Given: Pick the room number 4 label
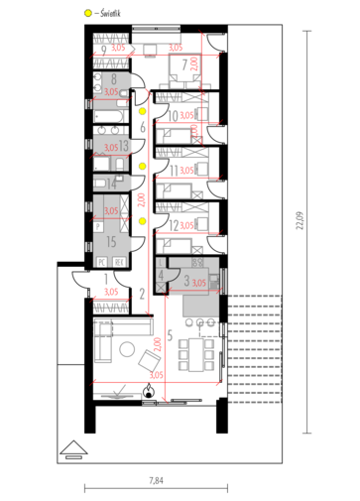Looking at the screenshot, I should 162,275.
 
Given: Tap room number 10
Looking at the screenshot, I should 174,116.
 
